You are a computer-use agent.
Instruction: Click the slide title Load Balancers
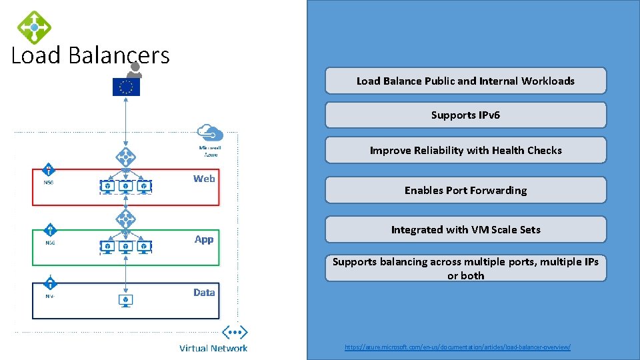point(91,55)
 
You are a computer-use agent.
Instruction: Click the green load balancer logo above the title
point(34,27)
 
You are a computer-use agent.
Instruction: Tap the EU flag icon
point(126,87)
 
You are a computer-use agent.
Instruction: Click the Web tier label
point(204,179)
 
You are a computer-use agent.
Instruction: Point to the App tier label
point(204,239)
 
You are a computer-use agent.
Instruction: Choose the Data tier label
point(204,293)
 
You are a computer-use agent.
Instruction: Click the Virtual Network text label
point(213,348)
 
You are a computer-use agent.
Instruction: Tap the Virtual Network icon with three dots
point(235,332)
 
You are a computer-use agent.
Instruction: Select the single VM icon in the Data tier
point(125,301)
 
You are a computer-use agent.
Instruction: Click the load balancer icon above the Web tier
point(125,158)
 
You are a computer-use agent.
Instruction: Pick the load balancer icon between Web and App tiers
point(125,219)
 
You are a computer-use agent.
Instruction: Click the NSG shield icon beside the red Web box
point(49,171)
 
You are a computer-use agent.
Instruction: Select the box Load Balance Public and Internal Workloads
point(465,81)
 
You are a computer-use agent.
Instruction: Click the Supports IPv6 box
point(465,115)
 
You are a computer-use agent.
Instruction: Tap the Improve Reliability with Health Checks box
point(465,150)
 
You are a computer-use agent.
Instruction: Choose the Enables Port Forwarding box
point(465,190)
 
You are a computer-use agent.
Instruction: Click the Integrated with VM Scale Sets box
point(465,229)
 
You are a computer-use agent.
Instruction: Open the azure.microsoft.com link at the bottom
point(457,347)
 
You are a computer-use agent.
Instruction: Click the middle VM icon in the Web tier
point(125,187)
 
